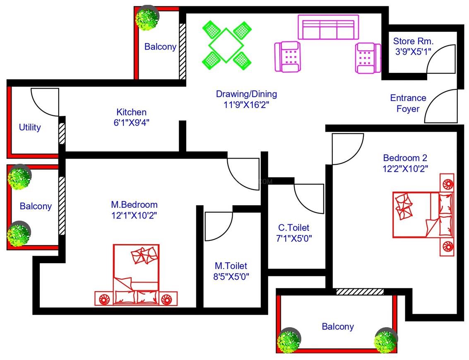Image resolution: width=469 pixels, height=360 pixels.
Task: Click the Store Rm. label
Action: [x=413, y=41]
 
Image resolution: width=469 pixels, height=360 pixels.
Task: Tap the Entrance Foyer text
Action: [x=408, y=103]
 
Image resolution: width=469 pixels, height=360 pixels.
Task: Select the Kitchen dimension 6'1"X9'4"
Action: [x=131, y=122]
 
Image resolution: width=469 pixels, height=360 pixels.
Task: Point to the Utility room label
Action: [x=30, y=127]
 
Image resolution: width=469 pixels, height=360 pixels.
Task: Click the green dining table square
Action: [x=226, y=45]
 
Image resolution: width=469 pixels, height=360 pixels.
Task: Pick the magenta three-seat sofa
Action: [x=328, y=27]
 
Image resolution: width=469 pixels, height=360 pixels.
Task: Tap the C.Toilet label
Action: [x=293, y=228]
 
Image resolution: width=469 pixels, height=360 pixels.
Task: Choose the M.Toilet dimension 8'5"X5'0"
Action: [x=231, y=276]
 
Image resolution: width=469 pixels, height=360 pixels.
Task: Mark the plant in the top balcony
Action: [x=147, y=18]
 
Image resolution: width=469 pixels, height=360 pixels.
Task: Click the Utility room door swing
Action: [x=45, y=103]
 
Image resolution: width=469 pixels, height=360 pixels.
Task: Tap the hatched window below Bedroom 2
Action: [x=360, y=292]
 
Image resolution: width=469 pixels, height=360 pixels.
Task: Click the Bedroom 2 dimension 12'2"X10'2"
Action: [x=405, y=168]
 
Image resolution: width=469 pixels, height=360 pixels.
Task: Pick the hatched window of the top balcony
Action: [x=182, y=50]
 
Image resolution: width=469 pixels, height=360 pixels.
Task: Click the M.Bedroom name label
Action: [x=134, y=204]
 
